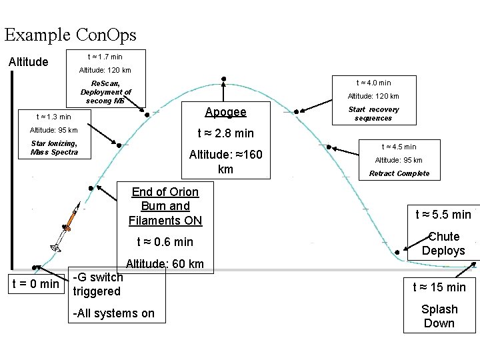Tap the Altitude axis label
point(28,62)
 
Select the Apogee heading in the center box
point(225,112)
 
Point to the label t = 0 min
point(36,285)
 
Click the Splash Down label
point(439,316)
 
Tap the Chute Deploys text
point(443,244)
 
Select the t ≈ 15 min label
point(439,287)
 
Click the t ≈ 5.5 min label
point(443,214)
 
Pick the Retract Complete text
point(399,173)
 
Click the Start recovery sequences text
point(373,113)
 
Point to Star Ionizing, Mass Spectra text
point(54,147)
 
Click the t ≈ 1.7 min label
point(105,57)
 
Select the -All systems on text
point(113,313)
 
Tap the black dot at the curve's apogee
point(223,79)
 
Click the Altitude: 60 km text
point(165,264)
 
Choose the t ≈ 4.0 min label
point(373,83)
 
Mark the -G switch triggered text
point(97,284)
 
